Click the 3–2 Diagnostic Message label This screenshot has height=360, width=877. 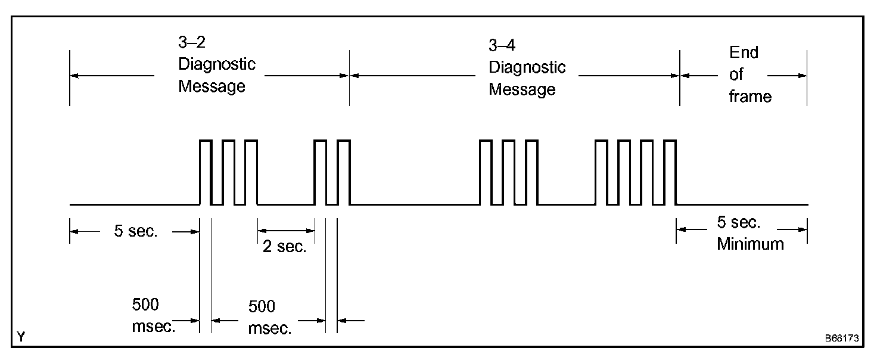click(216, 64)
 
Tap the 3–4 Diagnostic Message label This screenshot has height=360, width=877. click(527, 67)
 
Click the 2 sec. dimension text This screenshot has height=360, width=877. click(284, 247)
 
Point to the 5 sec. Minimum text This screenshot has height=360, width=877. click(750, 233)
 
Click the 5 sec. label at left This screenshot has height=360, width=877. click(136, 231)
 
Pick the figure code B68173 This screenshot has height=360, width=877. click(841, 338)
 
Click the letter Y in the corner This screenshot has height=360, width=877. click(21, 337)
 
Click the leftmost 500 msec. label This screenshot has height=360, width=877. click(153, 316)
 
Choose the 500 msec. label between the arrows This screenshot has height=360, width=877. click(269, 317)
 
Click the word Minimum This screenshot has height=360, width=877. click(750, 243)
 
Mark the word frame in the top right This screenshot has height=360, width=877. click(750, 97)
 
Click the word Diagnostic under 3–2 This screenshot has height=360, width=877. click(217, 64)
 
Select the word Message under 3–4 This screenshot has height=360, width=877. click(522, 90)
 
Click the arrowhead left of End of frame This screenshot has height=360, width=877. click(684, 76)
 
